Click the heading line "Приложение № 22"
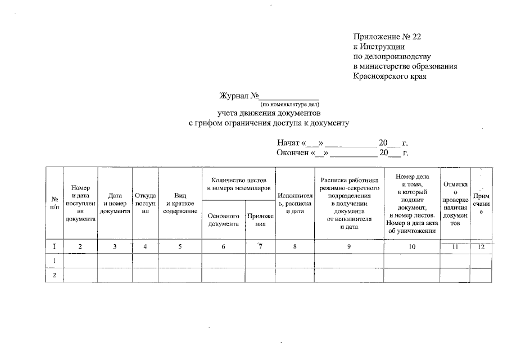[x=387, y=37]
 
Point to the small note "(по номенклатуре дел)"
[x=289, y=104]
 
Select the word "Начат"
[x=288, y=143]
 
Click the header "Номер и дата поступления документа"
[x=80, y=203]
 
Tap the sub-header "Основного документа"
[x=224, y=219]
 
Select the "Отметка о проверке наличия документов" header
[x=455, y=204]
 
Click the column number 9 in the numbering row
[x=348, y=246]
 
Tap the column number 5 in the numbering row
[x=180, y=246]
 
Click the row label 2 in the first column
[x=55, y=276]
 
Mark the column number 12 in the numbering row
[x=481, y=246]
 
